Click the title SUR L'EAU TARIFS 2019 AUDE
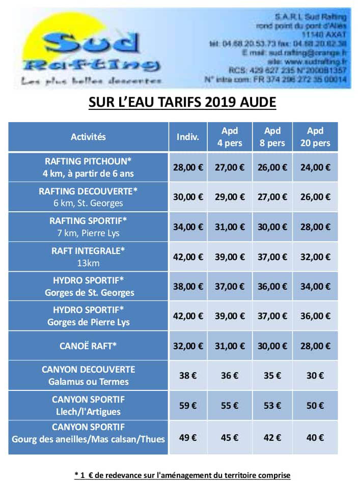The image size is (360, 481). (182, 102)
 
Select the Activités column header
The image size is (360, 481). (88, 136)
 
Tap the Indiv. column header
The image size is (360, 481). (188, 136)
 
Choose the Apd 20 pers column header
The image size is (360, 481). (315, 136)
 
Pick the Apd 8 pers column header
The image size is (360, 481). (272, 136)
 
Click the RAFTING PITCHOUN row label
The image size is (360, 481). (88, 167)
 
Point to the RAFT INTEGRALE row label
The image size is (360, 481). (88, 257)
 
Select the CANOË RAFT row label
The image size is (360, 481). (88, 346)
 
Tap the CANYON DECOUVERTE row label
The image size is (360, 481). (88, 376)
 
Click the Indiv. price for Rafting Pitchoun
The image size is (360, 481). (188, 167)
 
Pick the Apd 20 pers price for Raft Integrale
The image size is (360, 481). (315, 257)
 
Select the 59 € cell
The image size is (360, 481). (188, 406)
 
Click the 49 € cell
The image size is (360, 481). (188, 437)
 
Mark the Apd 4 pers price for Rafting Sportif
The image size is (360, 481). (230, 227)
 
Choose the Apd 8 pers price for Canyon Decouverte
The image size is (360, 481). (272, 376)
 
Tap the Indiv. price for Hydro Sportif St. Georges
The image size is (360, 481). (188, 287)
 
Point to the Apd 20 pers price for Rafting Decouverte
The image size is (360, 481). (315, 197)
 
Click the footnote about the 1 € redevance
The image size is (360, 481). (182, 475)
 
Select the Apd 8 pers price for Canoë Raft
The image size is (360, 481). (272, 346)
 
